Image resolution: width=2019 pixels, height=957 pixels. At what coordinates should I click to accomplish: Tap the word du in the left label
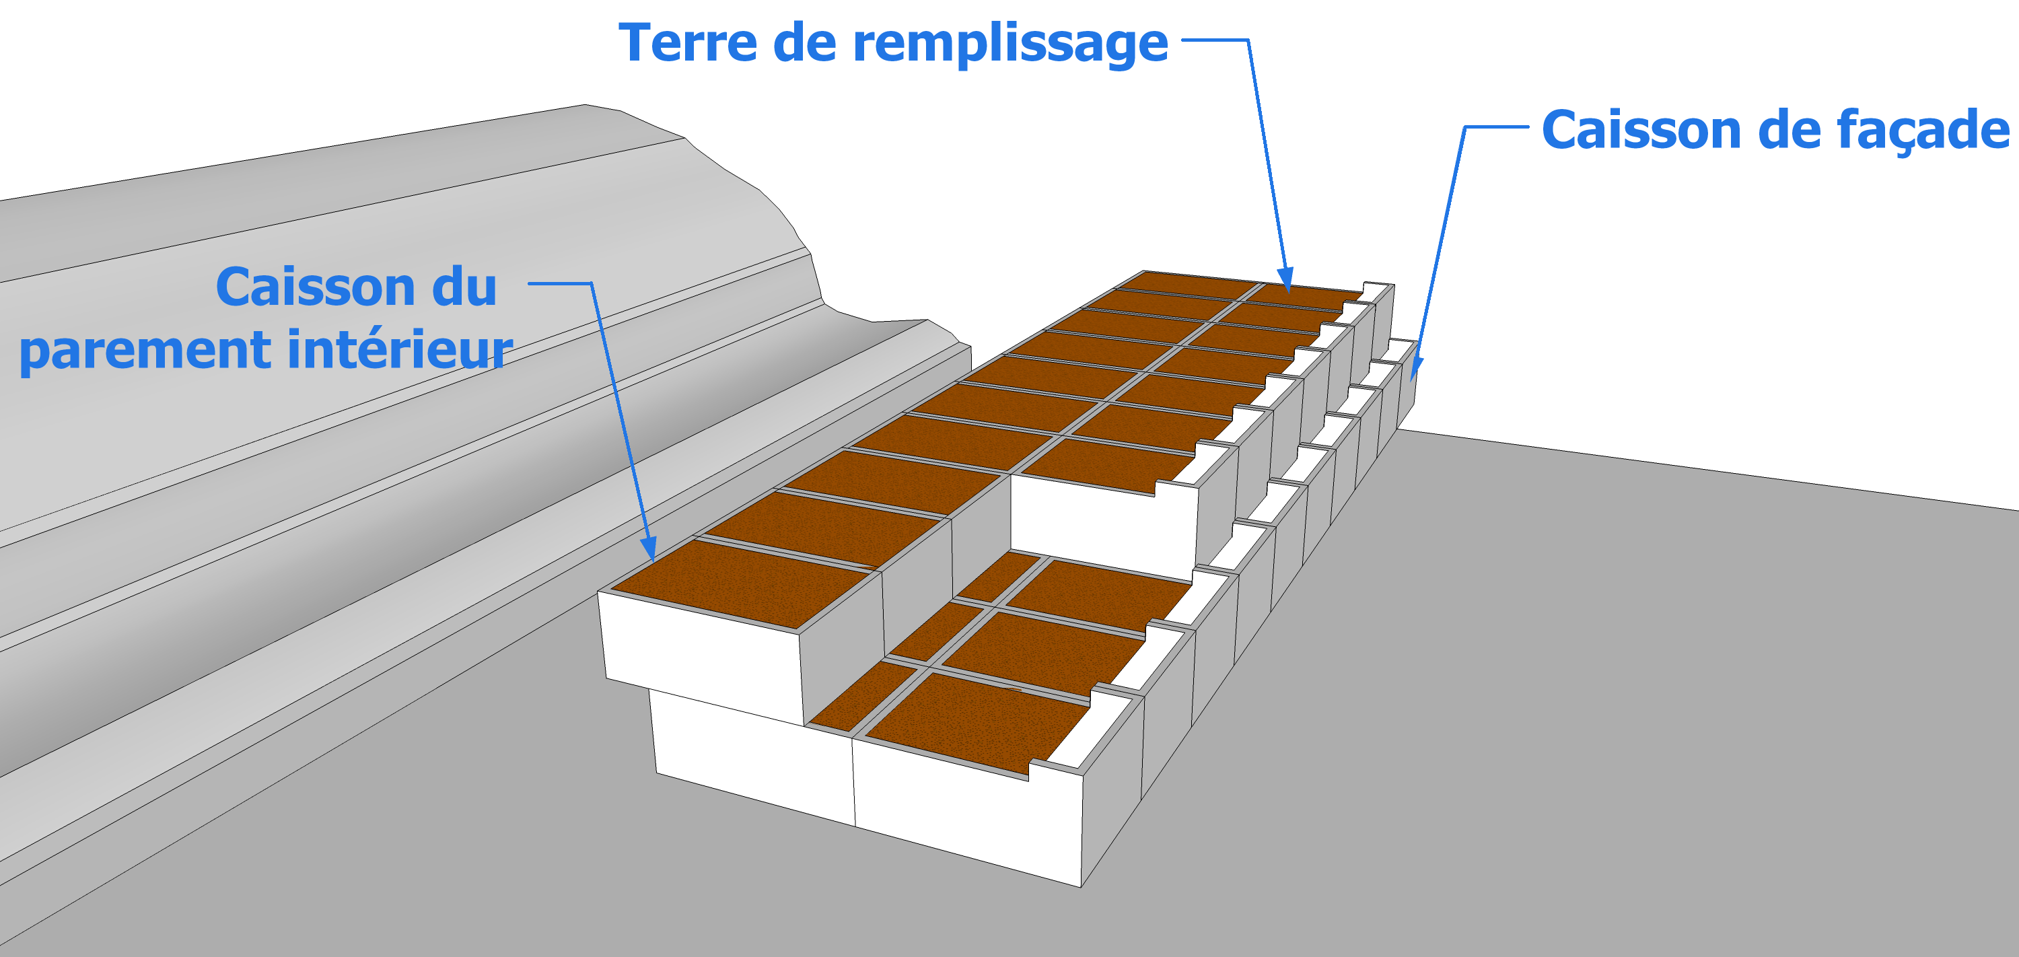464,287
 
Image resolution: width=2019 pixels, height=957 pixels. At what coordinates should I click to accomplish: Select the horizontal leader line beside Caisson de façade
1496,127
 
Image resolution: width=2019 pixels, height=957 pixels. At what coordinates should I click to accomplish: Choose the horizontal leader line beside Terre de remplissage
1215,39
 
